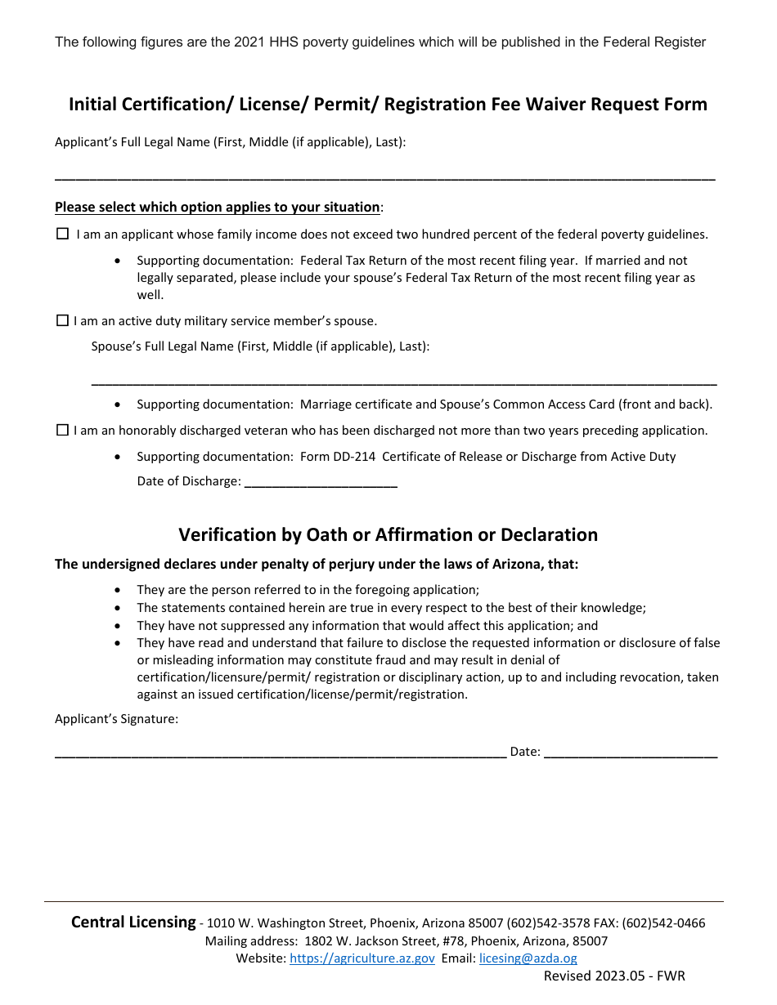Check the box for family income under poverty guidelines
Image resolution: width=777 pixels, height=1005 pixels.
click(x=62, y=234)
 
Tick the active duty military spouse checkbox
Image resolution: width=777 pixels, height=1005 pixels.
click(x=62, y=321)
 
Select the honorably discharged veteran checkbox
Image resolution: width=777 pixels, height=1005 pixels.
click(x=62, y=431)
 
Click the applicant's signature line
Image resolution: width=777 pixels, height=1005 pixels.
click(x=280, y=753)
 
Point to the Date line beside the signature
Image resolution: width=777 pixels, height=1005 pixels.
click(x=630, y=753)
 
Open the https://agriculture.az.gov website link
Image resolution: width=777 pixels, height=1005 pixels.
click(x=362, y=958)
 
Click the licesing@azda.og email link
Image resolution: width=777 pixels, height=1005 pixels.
click(x=528, y=958)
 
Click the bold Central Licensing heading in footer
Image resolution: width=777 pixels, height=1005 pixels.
click(x=133, y=922)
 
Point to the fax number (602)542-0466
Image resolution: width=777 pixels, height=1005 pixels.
click(x=663, y=923)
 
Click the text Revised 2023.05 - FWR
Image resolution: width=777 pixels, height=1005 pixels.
click(x=614, y=976)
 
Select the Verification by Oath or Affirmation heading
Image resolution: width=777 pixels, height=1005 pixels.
click(x=388, y=535)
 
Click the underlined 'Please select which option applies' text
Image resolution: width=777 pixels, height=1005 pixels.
click(x=217, y=208)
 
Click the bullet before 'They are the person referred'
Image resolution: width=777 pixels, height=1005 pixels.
click(x=119, y=590)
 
